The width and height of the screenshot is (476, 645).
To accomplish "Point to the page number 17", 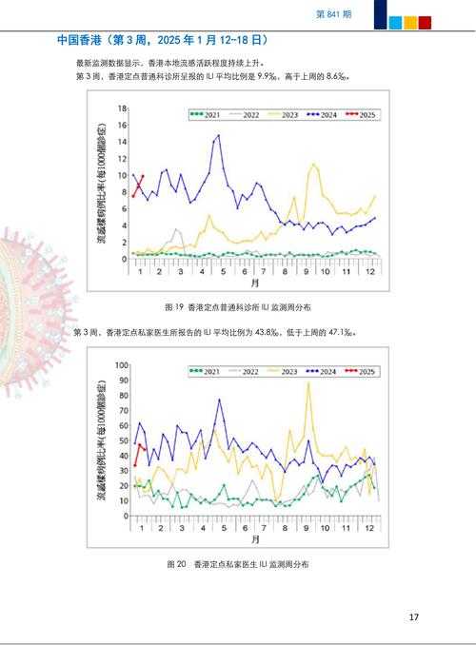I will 413,617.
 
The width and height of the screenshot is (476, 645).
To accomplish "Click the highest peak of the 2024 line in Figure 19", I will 219,135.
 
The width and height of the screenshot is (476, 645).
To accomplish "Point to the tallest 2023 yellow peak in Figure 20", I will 307,382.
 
